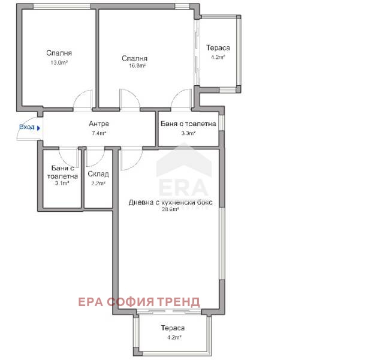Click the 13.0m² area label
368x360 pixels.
click(x=59, y=62)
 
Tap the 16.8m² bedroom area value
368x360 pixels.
click(x=137, y=65)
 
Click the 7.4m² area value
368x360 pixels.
click(x=99, y=133)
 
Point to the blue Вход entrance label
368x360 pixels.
click(x=27, y=127)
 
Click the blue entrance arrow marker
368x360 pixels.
click(x=39, y=128)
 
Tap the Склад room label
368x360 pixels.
click(x=98, y=174)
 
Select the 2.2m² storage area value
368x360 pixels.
click(x=98, y=183)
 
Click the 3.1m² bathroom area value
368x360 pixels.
click(x=62, y=183)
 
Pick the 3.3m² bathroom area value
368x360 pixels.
click(x=188, y=133)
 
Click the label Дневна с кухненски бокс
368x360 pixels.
click(x=171, y=202)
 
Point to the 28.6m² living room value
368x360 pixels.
click(x=170, y=209)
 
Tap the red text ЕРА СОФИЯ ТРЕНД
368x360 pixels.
click(x=139, y=302)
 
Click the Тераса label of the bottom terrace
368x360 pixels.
click(x=173, y=328)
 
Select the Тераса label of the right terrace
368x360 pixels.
click(x=218, y=48)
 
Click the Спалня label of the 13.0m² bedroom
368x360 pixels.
click(x=59, y=53)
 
